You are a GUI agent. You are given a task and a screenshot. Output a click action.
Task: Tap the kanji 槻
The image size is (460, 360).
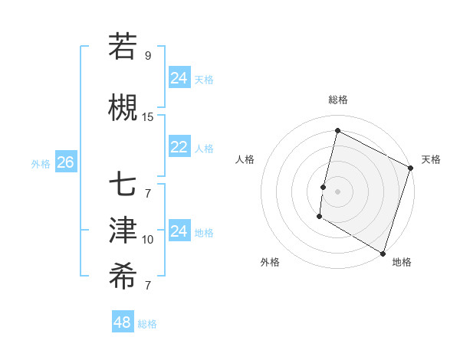click(x=123, y=108)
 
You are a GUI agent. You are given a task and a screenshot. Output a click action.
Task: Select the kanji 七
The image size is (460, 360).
click(x=123, y=186)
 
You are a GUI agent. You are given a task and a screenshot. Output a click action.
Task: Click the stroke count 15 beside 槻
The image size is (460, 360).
click(x=148, y=117)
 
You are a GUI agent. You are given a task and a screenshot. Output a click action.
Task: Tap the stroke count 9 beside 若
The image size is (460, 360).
click(x=148, y=56)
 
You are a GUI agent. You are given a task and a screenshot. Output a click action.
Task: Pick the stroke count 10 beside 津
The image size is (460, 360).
click(x=148, y=240)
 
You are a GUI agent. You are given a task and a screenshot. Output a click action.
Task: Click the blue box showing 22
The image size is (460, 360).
click(x=179, y=147)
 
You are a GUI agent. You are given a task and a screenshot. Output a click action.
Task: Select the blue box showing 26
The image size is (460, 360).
click(x=66, y=162)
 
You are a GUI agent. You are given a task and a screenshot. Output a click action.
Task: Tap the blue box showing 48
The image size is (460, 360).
click(x=122, y=322)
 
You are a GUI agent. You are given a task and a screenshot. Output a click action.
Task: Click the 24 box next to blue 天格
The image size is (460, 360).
click(x=179, y=78)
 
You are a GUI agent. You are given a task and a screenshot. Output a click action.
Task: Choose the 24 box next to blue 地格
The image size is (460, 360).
click(x=179, y=231)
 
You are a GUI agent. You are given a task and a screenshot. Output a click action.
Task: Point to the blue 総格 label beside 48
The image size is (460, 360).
click(x=147, y=324)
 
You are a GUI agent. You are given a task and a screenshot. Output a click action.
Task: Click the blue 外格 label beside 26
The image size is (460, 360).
click(x=41, y=163)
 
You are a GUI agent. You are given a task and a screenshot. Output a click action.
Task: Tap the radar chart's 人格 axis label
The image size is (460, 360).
click(x=245, y=159)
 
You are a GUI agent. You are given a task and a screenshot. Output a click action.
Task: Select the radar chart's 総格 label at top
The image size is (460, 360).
click(x=337, y=100)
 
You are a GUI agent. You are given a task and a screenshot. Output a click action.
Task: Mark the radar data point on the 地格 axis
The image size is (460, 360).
click(x=383, y=253)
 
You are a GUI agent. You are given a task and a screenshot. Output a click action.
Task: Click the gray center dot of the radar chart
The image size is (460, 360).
click(x=337, y=191)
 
